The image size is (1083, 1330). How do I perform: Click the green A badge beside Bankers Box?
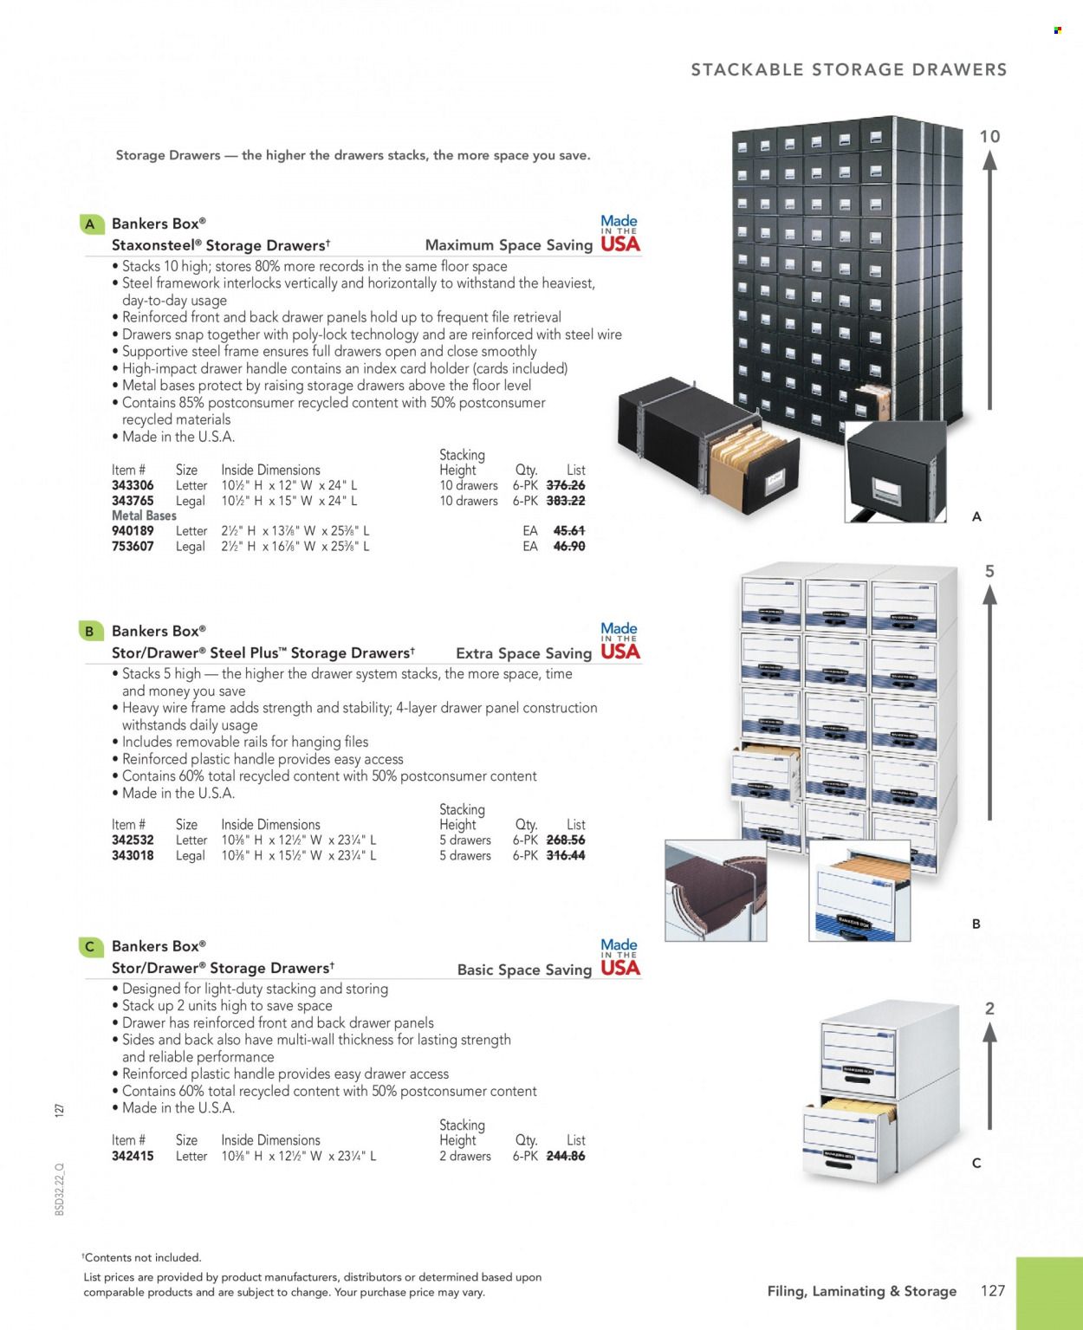(x=90, y=224)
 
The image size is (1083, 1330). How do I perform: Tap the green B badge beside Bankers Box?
(x=90, y=631)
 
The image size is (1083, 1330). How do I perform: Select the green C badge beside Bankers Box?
(x=90, y=946)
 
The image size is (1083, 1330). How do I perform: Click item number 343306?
(x=133, y=485)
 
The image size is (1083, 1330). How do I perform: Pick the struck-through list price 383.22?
(x=566, y=501)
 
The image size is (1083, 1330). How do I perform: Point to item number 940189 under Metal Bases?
(x=133, y=530)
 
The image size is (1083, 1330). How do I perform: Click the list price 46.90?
(x=568, y=546)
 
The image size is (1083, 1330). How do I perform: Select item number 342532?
(x=133, y=840)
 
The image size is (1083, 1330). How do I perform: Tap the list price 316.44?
(x=566, y=855)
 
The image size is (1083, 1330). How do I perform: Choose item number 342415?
(x=133, y=1156)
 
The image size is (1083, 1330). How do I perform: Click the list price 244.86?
(x=566, y=1156)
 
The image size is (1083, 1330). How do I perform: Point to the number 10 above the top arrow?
(x=989, y=136)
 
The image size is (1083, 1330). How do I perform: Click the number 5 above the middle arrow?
(x=989, y=571)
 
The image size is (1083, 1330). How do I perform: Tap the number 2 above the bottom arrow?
(x=989, y=1009)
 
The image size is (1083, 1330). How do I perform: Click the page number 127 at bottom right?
(x=993, y=1291)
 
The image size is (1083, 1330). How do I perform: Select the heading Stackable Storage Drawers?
(x=848, y=69)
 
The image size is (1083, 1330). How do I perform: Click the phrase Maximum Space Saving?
(x=509, y=245)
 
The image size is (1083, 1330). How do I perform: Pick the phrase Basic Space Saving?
(x=524, y=970)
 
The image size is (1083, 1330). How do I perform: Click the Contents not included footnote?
(x=142, y=1257)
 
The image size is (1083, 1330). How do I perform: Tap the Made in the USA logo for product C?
(x=619, y=957)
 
